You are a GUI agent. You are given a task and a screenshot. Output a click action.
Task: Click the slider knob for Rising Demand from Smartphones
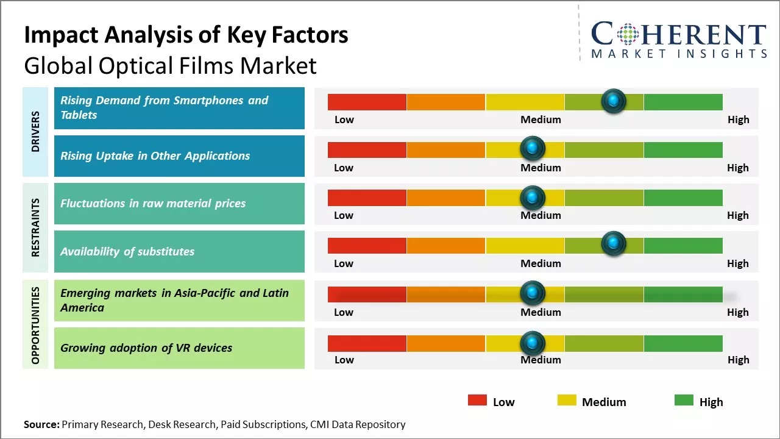(614, 101)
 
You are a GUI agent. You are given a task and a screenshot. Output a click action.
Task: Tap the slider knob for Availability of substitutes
(614, 244)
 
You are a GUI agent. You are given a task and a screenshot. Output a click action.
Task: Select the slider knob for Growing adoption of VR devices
(533, 343)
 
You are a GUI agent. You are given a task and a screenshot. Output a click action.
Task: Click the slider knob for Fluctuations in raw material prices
(533, 197)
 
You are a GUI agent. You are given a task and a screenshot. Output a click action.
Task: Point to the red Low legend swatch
(477, 400)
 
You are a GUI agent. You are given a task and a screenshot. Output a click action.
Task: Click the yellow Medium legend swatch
(567, 400)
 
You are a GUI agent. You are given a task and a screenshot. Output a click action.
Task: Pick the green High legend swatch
(684, 400)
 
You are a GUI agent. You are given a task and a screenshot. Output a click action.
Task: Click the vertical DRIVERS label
(35, 132)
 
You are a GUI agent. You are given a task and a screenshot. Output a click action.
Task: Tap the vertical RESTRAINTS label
(35, 227)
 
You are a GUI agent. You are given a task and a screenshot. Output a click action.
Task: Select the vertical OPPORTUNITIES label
(35, 325)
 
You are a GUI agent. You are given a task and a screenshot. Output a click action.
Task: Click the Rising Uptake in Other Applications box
(179, 156)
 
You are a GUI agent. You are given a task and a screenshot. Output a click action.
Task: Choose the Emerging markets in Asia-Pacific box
(179, 301)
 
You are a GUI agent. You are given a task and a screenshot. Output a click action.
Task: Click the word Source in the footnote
(41, 424)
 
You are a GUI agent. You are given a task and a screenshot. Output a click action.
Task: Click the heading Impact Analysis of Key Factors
(186, 35)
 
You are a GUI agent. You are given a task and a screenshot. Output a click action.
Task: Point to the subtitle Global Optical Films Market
(170, 66)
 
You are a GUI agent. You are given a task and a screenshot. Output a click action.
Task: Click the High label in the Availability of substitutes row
(738, 263)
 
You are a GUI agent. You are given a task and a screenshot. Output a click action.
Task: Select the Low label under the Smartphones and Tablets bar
(344, 120)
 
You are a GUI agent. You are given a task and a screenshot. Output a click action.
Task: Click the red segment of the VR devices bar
(367, 343)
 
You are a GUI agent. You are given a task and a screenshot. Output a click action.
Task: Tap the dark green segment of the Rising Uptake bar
(682, 149)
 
